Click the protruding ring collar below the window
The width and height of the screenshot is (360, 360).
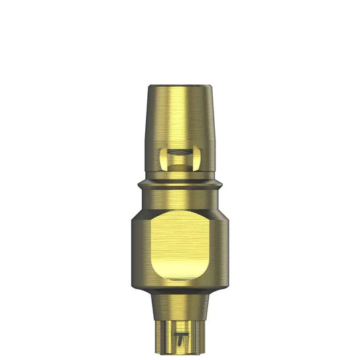(180, 184)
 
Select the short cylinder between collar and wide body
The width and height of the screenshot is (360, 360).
(180, 199)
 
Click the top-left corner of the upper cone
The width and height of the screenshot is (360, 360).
(149, 86)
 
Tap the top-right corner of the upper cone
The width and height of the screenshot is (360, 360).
(211, 86)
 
